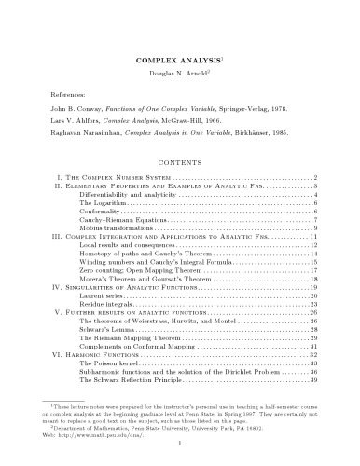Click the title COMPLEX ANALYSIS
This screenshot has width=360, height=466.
click(x=178, y=57)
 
